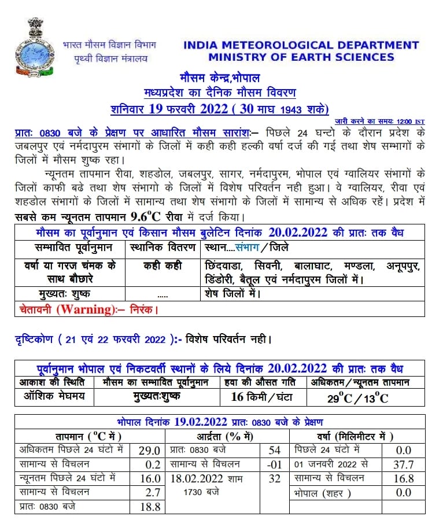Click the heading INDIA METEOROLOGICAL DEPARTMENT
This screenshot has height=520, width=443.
coord(301,45)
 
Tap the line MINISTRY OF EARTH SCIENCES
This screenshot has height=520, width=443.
coord(301,57)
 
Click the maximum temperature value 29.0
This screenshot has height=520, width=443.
coord(149,450)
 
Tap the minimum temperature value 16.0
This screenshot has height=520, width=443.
coord(149,478)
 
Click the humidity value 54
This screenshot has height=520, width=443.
coord(275,450)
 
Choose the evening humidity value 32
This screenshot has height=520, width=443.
coord(275,478)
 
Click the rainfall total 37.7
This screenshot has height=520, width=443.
coord(403,464)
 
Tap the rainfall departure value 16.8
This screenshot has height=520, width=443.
coord(403,478)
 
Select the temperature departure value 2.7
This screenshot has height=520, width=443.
coord(150,492)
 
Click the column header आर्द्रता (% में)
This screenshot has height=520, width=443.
coord(229,436)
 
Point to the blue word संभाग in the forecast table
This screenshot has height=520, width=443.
coord(248,247)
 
